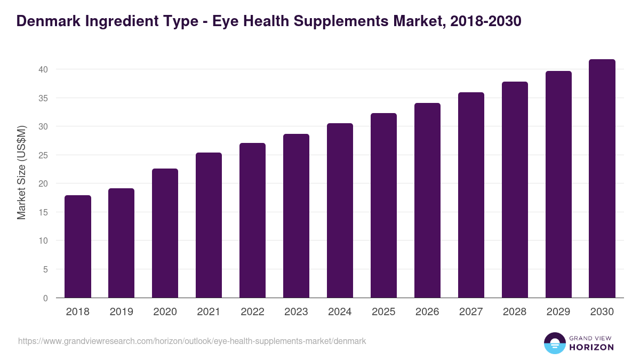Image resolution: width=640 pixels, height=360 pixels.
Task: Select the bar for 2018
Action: pos(78,246)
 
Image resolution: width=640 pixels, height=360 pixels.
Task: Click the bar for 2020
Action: pos(165,233)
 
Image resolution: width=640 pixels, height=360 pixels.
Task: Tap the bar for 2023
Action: pos(296,216)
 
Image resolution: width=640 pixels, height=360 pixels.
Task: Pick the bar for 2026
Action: pos(427,201)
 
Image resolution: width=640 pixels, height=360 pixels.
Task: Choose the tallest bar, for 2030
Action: pos(602,179)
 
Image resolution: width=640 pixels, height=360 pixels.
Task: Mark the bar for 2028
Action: pos(515,190)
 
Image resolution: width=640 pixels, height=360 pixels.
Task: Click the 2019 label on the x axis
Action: pos(122,312)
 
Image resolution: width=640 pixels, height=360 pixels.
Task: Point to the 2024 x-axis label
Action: pos(340,312)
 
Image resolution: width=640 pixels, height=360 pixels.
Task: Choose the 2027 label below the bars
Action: pos(471,312)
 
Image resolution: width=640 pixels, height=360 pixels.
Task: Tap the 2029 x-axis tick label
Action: pos(558,312)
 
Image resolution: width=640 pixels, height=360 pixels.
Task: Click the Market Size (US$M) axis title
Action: pos(21,172)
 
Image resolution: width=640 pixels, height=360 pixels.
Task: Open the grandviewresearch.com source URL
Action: pos(192,341)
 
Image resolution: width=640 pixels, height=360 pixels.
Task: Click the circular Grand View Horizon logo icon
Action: pos(555,343)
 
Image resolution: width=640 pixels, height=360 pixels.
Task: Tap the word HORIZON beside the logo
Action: pos(591,347)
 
